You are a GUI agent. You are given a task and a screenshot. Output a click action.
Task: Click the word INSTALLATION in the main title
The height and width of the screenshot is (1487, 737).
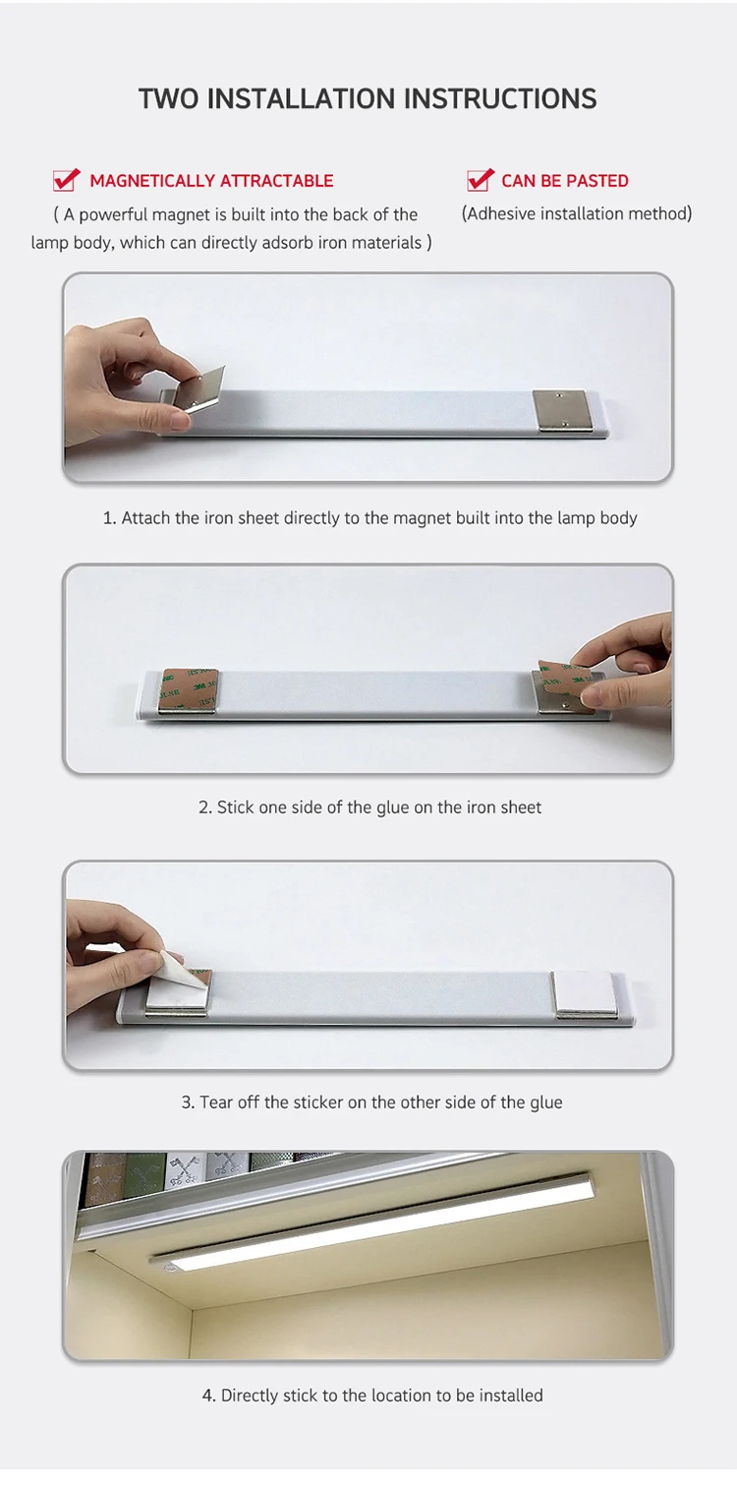tap(301, 99)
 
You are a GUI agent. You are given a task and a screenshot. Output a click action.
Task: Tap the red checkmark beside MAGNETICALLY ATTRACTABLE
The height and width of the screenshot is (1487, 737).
tap(67, 179)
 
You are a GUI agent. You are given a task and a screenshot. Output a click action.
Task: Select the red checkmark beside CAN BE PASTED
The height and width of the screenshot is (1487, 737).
tap(481, 179)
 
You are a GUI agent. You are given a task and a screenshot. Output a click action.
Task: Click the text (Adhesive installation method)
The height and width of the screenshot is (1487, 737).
tap(577, 213)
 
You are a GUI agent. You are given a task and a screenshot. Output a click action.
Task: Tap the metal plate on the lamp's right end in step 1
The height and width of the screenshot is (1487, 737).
tap(560, 409)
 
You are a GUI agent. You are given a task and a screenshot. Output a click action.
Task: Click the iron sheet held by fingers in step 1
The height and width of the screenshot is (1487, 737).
tap(199, 388)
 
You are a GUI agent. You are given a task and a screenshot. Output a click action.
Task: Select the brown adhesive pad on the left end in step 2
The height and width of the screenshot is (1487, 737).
tap(189, 689)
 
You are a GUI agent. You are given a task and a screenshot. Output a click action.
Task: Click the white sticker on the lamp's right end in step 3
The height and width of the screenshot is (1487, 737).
tap(585, 992)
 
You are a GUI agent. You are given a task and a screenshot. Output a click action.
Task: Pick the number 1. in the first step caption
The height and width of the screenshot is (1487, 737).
tap(109, 517)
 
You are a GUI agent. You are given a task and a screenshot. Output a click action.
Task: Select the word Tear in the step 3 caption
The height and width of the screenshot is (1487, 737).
tap(216, 1101)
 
